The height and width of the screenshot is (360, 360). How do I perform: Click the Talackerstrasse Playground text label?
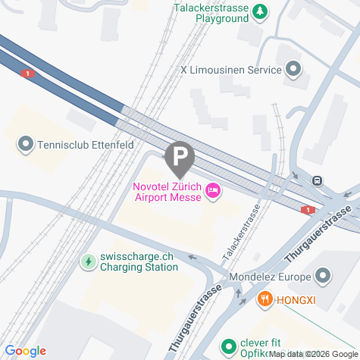pyautogui.click(x=212, y=13)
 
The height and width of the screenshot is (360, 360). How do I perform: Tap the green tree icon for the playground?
pyautogui.click(x=261, y=11)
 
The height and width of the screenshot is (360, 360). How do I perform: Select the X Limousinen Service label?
pyautogui.click(x=230, y=70)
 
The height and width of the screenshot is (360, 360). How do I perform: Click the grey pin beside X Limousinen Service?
pyautogui.click(x=293, y=70)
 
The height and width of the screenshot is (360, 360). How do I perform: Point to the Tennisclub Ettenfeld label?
pyautogui.click(x=75, y=142)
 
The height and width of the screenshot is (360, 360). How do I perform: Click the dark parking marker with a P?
pyautogui.click(x=180, y=158)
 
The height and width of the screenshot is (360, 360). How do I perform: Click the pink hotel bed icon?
pyautogui.click(x=213, y=193)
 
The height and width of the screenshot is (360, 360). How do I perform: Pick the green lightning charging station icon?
pyautogui.click(x=89, y=262)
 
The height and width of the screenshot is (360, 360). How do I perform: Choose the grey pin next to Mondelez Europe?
pyautogui.click(x=323, y=275)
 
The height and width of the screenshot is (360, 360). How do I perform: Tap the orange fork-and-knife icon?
pyautogui.click(x=265, y=299)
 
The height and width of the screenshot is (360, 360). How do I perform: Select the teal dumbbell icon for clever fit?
pyautogui.click(x=228, y=346)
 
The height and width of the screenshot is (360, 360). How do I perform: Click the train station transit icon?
pyautogui.click(x=318, y=181)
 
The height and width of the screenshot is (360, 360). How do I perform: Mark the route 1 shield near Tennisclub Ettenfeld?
pyautogui.click(x=28, y=74)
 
